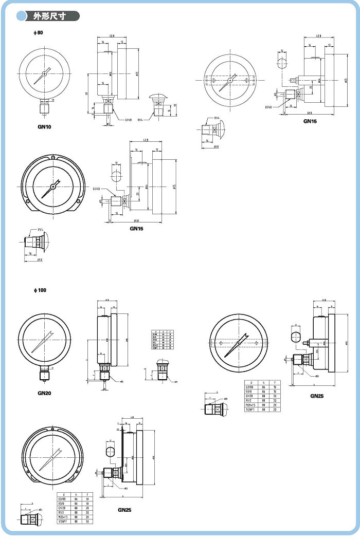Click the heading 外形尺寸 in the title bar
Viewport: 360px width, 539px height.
pyautogui.click(x=52, y=16)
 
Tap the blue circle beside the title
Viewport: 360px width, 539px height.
pyautogui.click(x=22, y=16)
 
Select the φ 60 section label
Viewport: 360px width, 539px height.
pyautogui.click(x=37, y=33)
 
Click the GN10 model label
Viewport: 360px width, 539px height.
pyautogui.click(x=44, y=126)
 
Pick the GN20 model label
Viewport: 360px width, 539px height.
pyautogui.click(x=44, y=393)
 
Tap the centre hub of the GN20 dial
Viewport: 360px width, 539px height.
pyautogui.click(x=45, y=341)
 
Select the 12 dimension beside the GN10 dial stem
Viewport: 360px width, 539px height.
pyautogui.click(x=53, y=101)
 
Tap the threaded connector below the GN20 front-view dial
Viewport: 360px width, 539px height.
pyautogui.click(x=44, y=375)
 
